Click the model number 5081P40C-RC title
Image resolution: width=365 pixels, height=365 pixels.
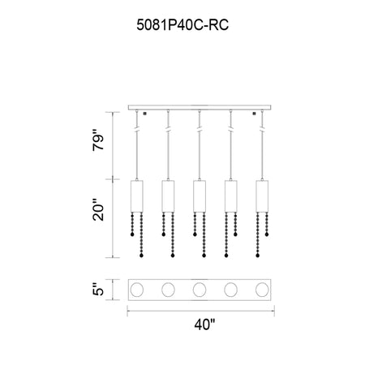point(182,25)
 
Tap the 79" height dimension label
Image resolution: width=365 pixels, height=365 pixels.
point(98,140)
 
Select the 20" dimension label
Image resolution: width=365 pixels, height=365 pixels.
point(98,210)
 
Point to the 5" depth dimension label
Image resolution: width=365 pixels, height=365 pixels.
point(98,290)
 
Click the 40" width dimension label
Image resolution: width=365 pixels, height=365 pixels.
point(204,324)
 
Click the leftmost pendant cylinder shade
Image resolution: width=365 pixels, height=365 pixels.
point(137,196)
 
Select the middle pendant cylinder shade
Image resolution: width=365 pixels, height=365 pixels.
point(200,196)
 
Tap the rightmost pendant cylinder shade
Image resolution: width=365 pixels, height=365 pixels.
point(262,196)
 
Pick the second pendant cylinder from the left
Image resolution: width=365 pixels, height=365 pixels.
point(168,196)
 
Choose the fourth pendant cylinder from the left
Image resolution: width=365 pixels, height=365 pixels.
point(231,196)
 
